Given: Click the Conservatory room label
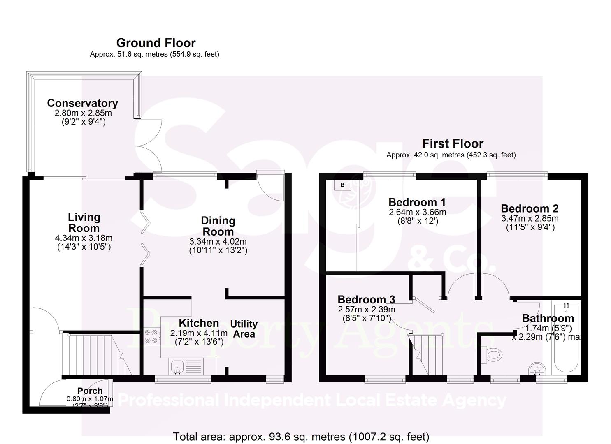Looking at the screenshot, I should coord(82,103).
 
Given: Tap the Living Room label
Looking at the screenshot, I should coord(84,222).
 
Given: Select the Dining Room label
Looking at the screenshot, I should coord(218,226).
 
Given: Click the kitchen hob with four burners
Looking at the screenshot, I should coord(152,337).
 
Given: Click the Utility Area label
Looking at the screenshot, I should coord(244,329).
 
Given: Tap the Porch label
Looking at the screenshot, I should coord(90,391).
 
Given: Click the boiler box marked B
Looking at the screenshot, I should coord(342,185).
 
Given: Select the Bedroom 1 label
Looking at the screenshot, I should coord(417,202).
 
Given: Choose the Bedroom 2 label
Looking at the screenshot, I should coord(530,208).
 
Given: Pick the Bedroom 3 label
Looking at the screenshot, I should coord(366,299).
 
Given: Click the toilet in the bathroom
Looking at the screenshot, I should coord(492,354).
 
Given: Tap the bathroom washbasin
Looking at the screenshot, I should coord(537,368).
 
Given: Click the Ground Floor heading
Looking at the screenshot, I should coord(156,43).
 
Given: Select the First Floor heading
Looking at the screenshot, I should coord(453,143).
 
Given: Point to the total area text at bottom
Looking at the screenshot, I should coord(301,436).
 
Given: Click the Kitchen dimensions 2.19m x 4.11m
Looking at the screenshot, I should coord(199,333).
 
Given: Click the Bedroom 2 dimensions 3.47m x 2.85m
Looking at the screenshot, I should coord(530,218).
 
